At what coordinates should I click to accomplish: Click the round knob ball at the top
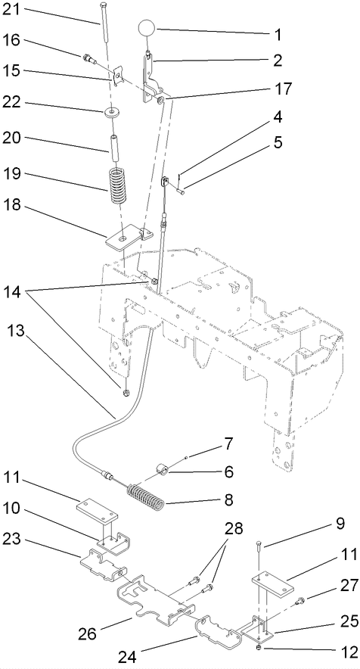149,29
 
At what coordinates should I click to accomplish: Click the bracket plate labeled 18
123,238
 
